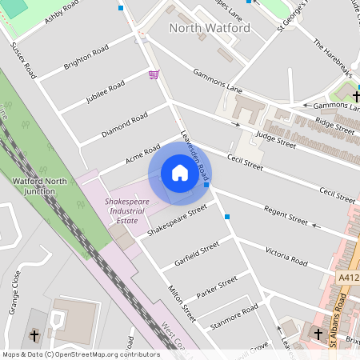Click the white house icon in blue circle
click(x=179, y=173)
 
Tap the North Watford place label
click(x=210, y=28)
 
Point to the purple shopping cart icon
click(x=154, y=74)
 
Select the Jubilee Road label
click(x=105, y=93)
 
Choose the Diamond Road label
click(x=125, y=126)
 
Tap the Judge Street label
click(x=275, y=139)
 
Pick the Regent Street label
click(x=286, y=214)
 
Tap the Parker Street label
click(x=217, y=286)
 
